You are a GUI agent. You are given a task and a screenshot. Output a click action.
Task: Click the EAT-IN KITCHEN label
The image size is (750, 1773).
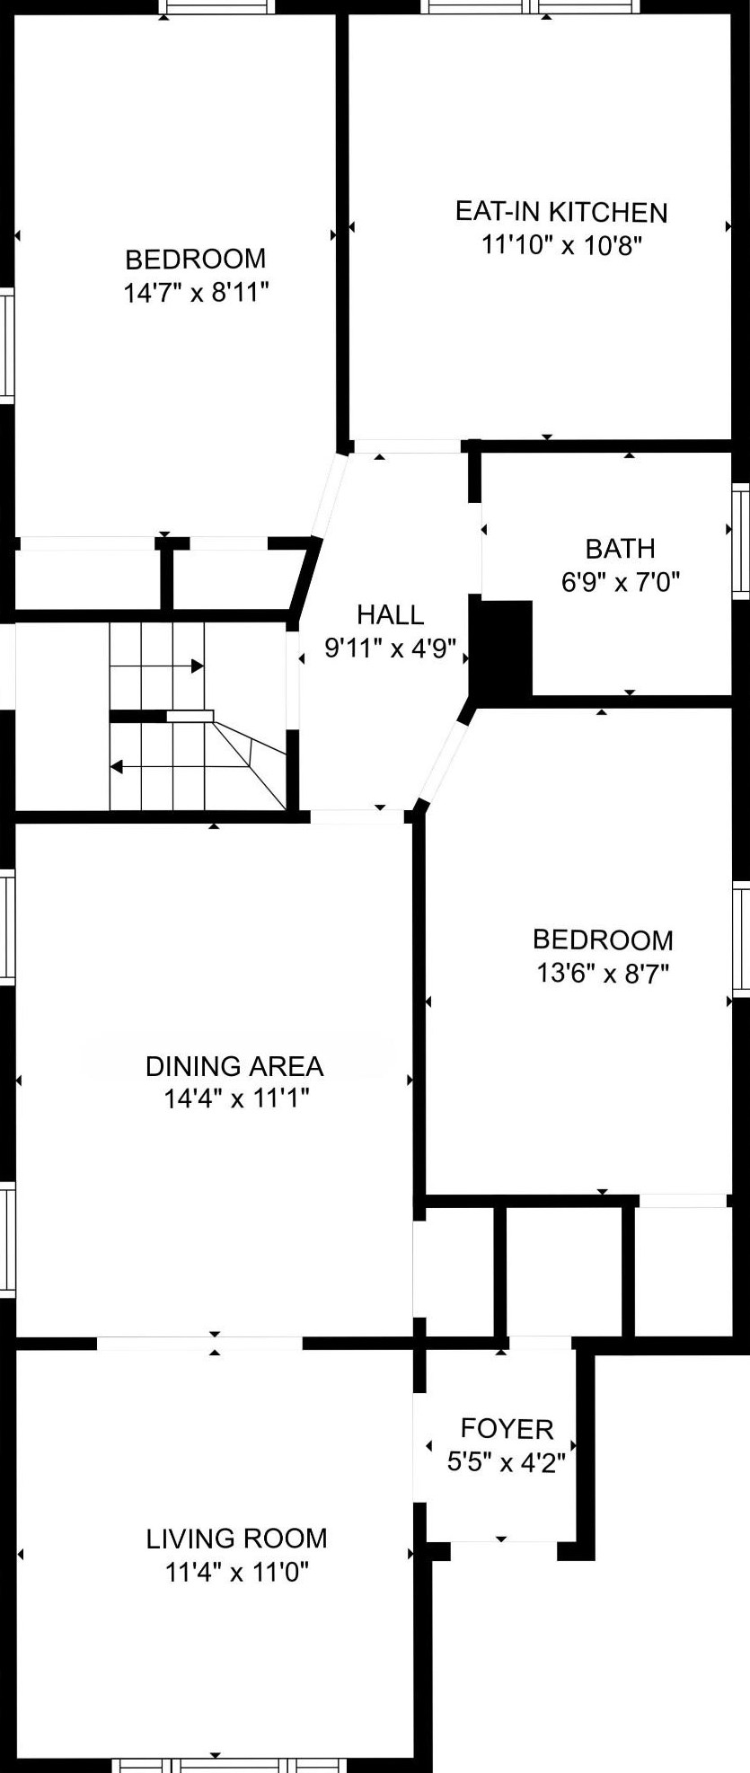561,212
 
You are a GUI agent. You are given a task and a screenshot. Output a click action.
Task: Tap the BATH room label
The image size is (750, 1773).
620,548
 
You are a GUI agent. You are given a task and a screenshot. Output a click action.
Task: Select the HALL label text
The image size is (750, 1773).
390,614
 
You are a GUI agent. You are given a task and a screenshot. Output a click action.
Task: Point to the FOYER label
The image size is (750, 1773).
507,1428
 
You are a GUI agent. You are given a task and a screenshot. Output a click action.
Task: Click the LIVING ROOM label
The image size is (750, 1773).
236,1539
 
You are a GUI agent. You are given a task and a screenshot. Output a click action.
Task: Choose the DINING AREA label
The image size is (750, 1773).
234,1066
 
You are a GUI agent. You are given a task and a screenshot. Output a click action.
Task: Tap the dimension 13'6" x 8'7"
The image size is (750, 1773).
604,973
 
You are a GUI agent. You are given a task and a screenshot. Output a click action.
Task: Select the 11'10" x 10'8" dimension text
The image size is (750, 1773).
562,245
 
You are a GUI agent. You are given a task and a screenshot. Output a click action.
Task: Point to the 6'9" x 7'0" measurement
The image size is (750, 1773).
620,582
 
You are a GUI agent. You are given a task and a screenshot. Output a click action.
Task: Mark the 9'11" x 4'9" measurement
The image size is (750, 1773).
391,648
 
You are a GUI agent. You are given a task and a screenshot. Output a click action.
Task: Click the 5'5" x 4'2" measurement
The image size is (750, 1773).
507,1462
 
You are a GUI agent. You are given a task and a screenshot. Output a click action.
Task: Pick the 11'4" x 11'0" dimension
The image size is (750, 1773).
237,1572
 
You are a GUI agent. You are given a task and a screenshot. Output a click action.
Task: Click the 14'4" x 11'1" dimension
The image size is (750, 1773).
236,1098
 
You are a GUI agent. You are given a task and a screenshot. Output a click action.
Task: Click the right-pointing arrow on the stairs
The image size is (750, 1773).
156,666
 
